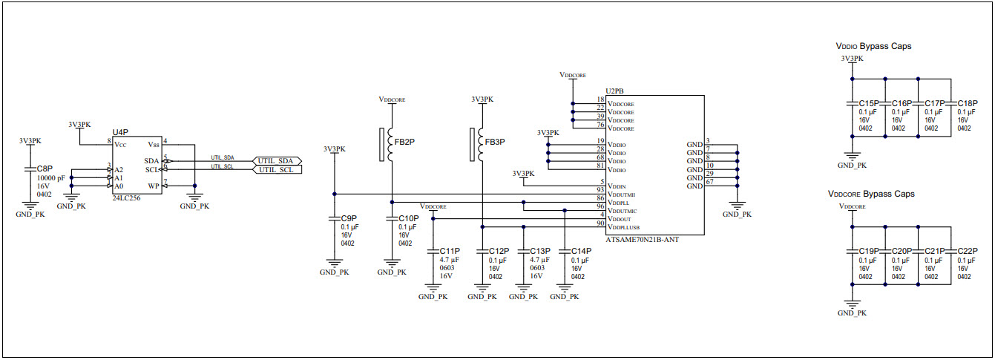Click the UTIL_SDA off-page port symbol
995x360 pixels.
pyautogui.click(x=277, y=160)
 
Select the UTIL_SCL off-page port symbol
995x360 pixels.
pyautogui.click(x=277, y=170)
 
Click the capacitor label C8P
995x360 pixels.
pyautogui.click(x=45, y=169)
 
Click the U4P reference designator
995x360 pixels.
pyautogui.click(x=120, y=131)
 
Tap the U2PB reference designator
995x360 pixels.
pyautogui.click(x=614, y=91)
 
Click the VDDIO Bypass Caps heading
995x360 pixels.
pyautogui.click(x=873, y=46)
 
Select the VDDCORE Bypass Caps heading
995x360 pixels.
pyautogui.click(x=871, y=194)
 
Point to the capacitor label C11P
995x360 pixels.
pyautogui.click(x=450, y=251)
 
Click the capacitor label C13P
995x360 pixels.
pyautogui.click(x=539, y=251)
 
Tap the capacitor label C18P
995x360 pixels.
pyautogui.click(x=968, y=103)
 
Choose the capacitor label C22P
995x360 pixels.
pyautogui.click(x=968, y=251)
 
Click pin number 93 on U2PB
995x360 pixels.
pyautogui.click(x=600, y=191)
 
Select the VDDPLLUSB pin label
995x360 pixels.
pyautogui.click(x=623, y=227)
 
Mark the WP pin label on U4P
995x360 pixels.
pyautogui.click(x=154, y=186)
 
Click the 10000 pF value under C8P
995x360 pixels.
pyautogui.click(x=50, y=178)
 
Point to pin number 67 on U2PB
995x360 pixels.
pyautogui.click(x=710, y=182)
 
